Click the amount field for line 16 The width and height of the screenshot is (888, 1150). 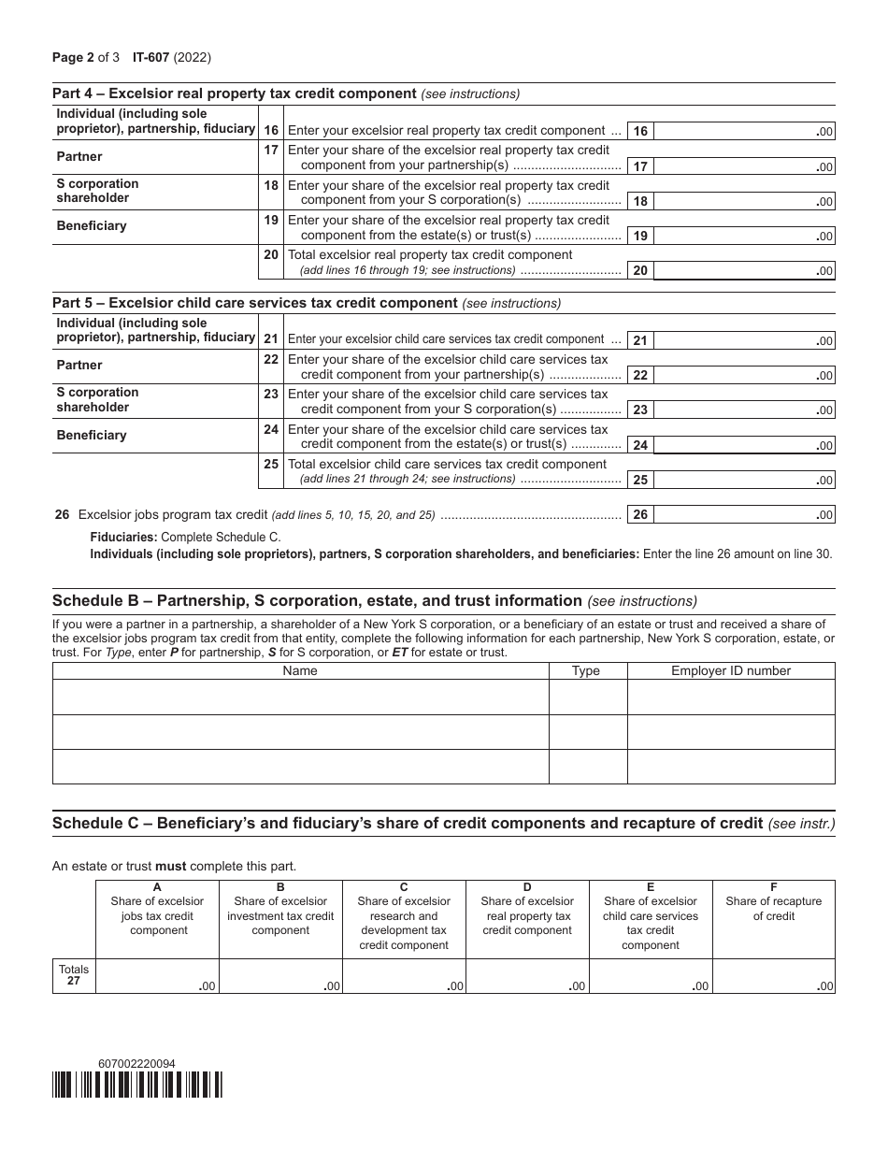pos(744,132)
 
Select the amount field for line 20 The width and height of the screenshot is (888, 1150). pos(744,271)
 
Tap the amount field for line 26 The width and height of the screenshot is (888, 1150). pos(744,515)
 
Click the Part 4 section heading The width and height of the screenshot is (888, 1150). pos(235,93)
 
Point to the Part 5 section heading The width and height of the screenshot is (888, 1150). pos(255,303)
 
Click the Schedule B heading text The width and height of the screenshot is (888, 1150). pos(318,601)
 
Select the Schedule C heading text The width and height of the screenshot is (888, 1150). pos(408,823)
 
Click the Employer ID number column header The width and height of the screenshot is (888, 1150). pos(731,670)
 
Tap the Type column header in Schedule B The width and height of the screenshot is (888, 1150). pos(586,670)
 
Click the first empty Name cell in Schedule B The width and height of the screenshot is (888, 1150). pos(300,697)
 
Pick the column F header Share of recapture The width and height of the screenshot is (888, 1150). pos(773,908)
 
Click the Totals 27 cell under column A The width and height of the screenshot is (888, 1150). pos(157,976)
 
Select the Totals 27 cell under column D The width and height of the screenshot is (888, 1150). pos(527,976)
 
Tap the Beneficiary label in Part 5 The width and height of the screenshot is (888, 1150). pos(92,436)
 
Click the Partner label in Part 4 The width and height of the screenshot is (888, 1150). pos(79,157)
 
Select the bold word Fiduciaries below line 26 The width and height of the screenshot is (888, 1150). pos(123,538)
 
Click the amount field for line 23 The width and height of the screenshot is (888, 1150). pos(744,410)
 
